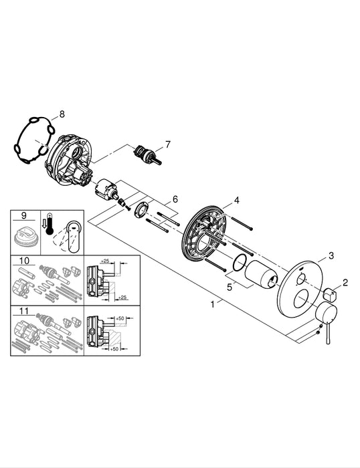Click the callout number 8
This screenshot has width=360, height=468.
tap(62, 114)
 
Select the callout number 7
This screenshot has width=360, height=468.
tap(168, 144)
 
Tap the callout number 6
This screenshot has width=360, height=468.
tap(175, 199)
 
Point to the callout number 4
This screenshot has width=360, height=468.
tap(236, 201)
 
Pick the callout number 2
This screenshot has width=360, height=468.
tap(345, 282)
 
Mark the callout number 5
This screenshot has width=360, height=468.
tap(230, 287)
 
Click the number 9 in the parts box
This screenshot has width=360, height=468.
tap(23, 216)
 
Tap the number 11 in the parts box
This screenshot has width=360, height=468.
tap(25, 310)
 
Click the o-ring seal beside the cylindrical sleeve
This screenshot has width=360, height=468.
tap(238, 265)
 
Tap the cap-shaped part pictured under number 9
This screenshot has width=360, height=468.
tap(25, 237)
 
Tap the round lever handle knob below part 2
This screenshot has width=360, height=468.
tap(326, 312)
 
